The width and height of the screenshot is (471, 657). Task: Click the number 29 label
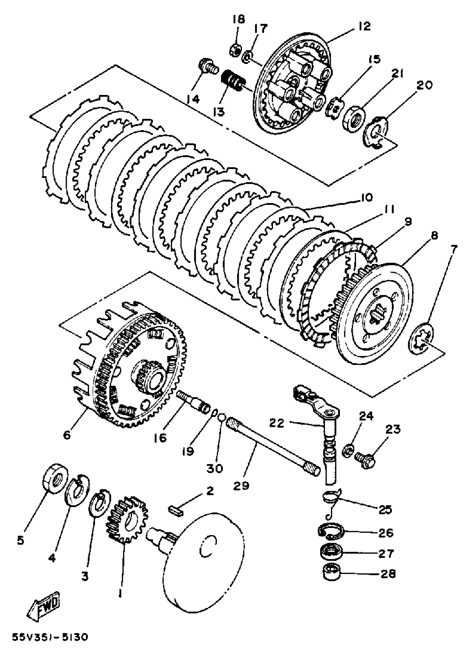click(241, 485)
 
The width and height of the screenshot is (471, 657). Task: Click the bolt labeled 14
click(208, 67)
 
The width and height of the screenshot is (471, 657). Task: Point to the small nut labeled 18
click(235, 51)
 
